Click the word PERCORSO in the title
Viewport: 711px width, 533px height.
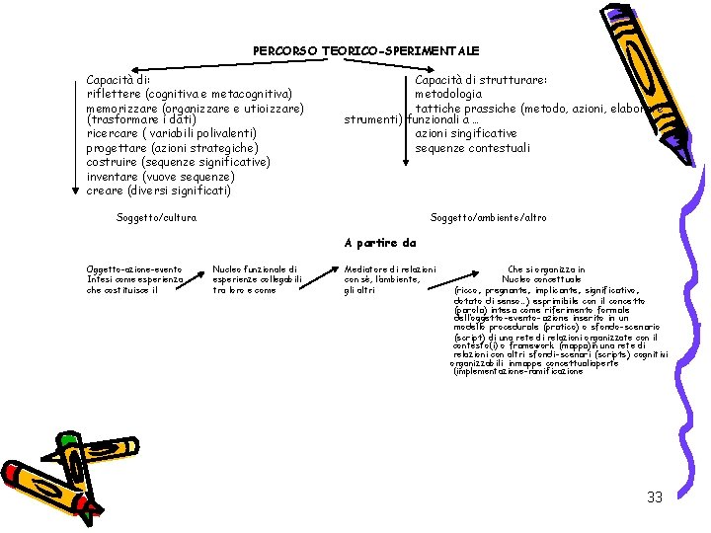282,50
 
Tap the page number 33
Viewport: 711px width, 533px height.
655,497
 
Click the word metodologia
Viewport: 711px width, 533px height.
449,94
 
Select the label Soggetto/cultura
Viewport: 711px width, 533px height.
156,217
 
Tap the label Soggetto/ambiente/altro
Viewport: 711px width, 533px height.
489,217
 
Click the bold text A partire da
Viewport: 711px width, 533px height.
380,243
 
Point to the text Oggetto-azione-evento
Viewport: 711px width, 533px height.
134,269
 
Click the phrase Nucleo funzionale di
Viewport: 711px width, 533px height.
255,269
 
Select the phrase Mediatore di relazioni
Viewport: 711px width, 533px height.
390,269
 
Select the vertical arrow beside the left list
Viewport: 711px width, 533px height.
76,133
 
